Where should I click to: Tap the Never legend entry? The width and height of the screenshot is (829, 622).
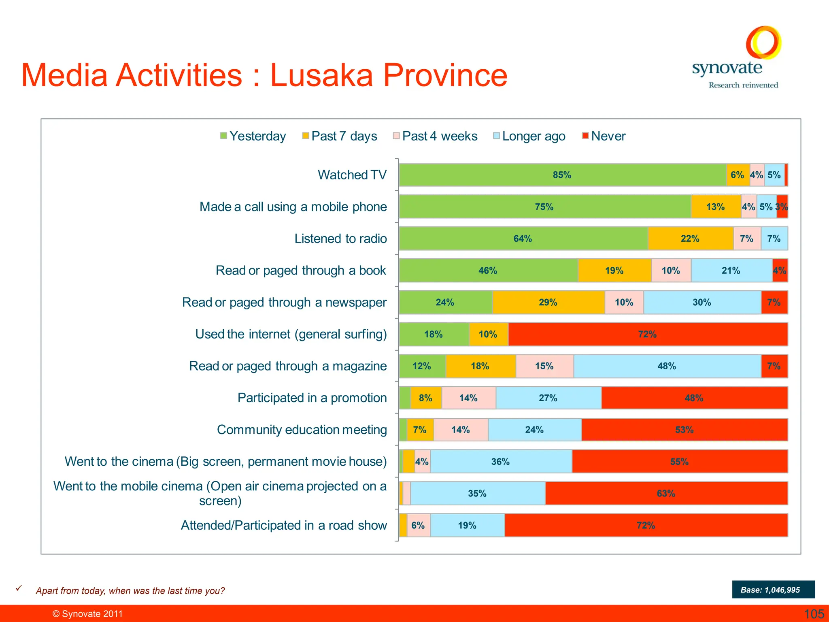[x=604, y=136]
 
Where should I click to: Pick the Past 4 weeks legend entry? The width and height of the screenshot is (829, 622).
[x=435, y=136]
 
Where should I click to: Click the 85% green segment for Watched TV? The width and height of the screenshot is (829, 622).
[x=562, y=175]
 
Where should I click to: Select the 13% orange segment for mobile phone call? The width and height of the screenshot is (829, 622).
[x=715, y=207]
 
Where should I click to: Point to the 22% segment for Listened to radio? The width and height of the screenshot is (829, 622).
[x=690, y=239]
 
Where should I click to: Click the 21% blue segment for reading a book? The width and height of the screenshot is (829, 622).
[x=731, y=271]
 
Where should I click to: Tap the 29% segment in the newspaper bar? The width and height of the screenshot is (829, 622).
[x=548, y=302]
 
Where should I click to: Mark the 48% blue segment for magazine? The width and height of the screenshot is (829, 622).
[x=666, y=366]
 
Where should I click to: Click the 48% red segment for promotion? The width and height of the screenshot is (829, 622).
[x=694, y=398]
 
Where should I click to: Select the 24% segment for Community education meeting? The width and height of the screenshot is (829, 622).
[x=534, y=430]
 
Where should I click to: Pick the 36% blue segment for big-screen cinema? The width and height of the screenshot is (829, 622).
[x=500, y=462]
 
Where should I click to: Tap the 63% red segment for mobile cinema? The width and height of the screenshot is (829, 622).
[x=666, y=494]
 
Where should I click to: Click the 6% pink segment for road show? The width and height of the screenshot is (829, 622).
[x=418, y=526]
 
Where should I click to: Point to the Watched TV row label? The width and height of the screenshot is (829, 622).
[x=352, y=175]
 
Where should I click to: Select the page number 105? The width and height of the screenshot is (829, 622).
[x=814, y=614]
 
